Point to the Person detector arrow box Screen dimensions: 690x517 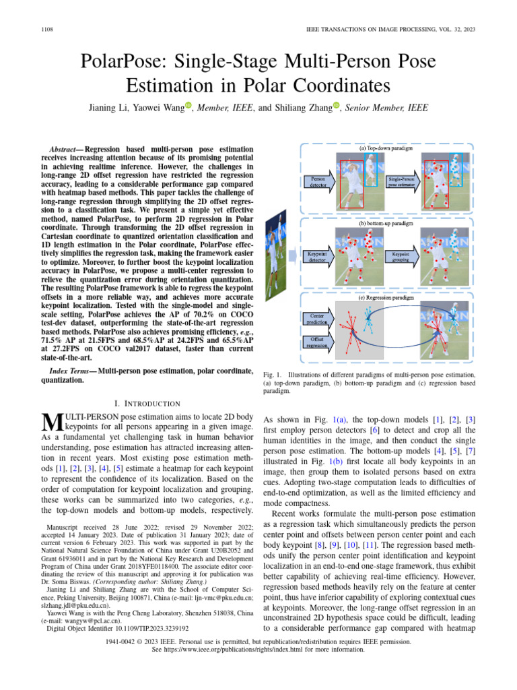pyautogui.click(x=318, y=181)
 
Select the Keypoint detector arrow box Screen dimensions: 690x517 pyautogui.click(x=318, y=257)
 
